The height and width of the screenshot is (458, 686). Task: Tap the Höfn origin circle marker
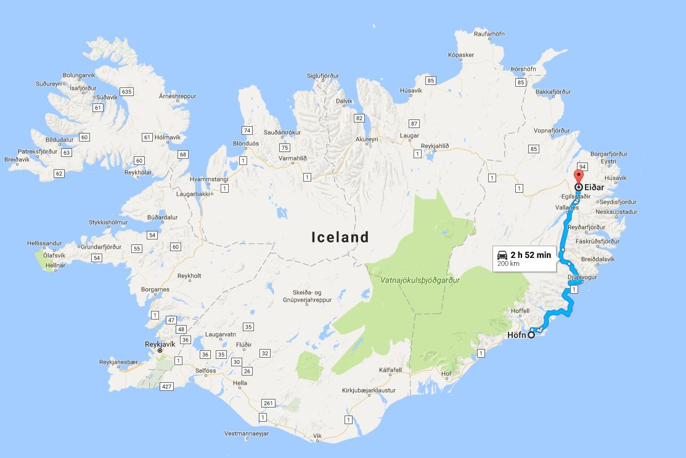[531, 335]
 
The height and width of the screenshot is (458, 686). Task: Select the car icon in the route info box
[502, 255]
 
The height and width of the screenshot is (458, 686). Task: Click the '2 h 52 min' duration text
[531, 255]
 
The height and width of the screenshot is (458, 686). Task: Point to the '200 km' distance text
[508, 263]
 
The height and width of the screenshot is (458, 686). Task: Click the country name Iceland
[340, 237]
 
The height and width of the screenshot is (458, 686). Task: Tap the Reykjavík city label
[160, 344]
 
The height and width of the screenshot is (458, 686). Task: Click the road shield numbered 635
[127, 92]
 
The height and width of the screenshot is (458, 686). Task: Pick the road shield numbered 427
[165, 387]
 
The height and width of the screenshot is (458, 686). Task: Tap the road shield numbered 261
[267, 403]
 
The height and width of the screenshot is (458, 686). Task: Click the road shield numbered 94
[582, 167]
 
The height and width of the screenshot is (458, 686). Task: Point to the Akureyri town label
[366, 140]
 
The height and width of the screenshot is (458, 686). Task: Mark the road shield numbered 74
[247, 131]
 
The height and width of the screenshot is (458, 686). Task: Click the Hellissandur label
[46, 244]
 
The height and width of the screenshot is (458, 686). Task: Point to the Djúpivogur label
[584, 278]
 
